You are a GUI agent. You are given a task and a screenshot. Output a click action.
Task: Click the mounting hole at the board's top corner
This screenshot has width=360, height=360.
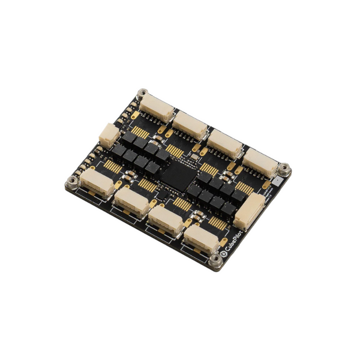(142, 94)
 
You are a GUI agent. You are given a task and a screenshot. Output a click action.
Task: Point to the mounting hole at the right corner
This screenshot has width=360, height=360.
(286, 169)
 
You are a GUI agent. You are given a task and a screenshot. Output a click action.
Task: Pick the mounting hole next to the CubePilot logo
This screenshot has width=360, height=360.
(214, 260)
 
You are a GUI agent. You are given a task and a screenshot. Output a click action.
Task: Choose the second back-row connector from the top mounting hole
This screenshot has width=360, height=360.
(191, 125)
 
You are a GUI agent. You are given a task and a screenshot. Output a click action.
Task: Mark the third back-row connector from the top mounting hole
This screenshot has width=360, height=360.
(226, 142)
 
